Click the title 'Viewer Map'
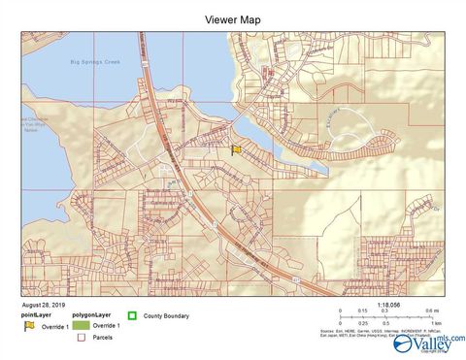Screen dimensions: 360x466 (232, 18)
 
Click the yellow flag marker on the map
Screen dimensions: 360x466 (236, 148)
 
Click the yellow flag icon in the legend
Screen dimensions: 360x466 (29, 327)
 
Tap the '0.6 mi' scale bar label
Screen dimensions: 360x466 (430, 311)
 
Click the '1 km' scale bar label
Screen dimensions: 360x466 (436, 322)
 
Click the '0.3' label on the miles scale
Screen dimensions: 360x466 (384, 311)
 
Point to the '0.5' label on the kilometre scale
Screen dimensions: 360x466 (386, 322)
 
